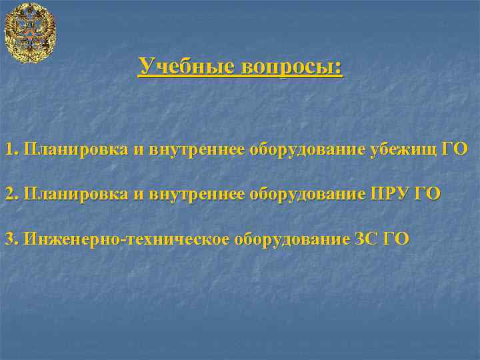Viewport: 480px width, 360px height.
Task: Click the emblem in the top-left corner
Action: pyautogui.click(x=29, y=32)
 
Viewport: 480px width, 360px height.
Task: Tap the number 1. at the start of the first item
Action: pyautogui.click(x=11, y=149)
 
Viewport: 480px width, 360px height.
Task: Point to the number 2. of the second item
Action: pyautogui.click(x=11, y=194)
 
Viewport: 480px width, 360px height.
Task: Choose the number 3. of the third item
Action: pyautogui.click(x=11, y=239)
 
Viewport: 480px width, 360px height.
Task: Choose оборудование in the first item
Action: pyautogui.click(x=307, y=149)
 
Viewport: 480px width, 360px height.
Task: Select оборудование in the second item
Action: pyautogui.click(x=307, y=194)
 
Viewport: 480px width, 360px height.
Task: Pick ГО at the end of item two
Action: pyautogui.click(x=427, y=194)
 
